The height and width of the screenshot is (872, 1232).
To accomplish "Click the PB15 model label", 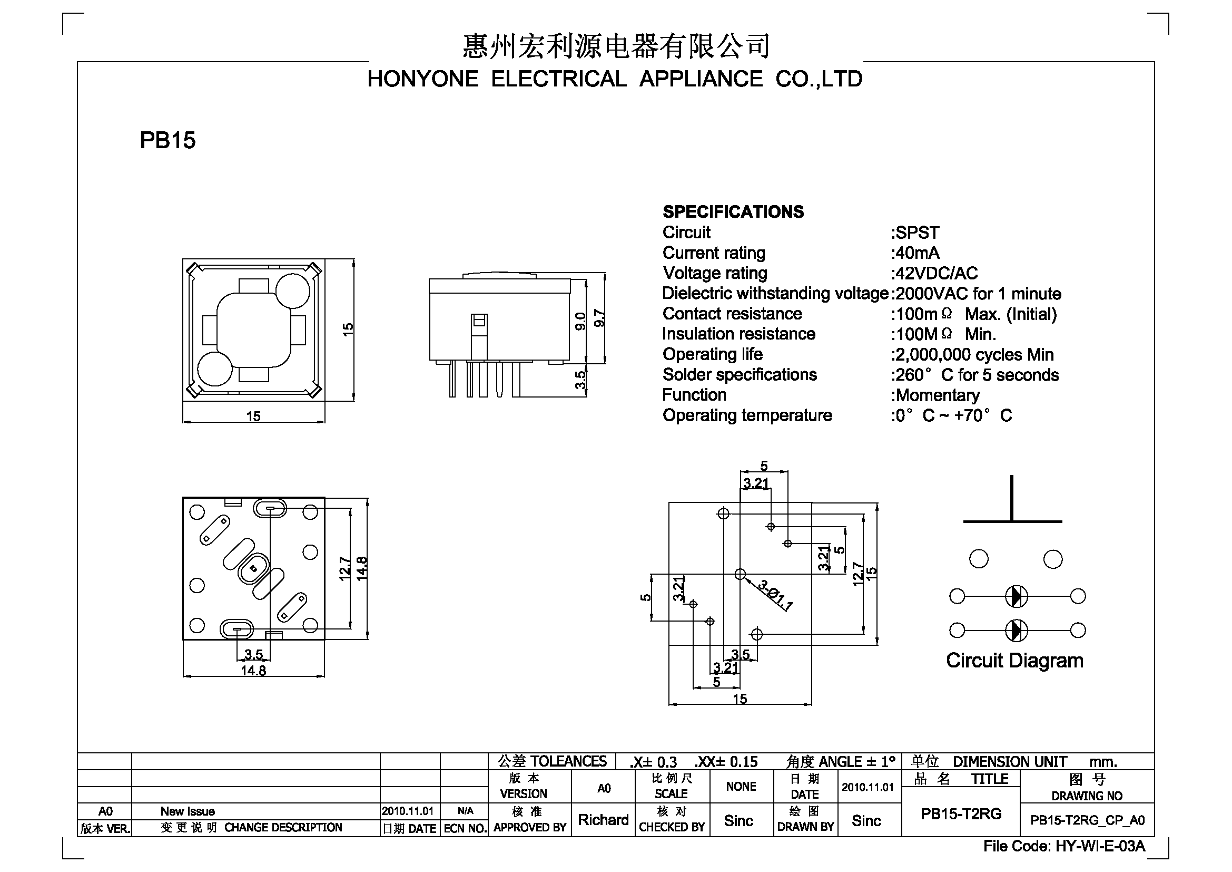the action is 167,141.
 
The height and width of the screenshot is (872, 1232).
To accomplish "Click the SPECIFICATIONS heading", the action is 733,212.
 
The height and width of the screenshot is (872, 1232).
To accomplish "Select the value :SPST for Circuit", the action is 915,233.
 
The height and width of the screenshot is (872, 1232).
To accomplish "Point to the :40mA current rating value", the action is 915,253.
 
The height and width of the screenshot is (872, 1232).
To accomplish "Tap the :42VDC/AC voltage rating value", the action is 934,273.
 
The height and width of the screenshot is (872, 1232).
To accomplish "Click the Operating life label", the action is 713,354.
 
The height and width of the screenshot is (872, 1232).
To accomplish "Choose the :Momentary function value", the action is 935,396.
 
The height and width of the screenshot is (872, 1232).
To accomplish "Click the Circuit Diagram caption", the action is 1014,661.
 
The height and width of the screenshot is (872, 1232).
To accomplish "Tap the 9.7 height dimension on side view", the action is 600,318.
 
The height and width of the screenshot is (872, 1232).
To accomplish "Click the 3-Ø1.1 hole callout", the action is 775,595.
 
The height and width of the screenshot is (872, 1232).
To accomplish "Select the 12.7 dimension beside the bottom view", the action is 344,569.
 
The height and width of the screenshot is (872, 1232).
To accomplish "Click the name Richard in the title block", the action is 603,820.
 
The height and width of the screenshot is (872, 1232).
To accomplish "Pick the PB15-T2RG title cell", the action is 961,814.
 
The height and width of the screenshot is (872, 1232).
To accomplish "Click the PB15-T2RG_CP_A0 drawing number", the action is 1087,820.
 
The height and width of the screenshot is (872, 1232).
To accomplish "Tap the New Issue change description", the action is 188,811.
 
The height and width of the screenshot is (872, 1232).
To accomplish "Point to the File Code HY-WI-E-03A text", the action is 1064,846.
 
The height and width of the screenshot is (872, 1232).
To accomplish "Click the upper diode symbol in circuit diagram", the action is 1016,596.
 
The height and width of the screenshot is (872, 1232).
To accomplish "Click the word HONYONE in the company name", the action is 422,80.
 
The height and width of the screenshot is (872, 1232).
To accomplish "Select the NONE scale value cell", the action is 741,787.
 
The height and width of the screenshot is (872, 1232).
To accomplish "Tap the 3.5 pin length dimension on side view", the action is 580,380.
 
